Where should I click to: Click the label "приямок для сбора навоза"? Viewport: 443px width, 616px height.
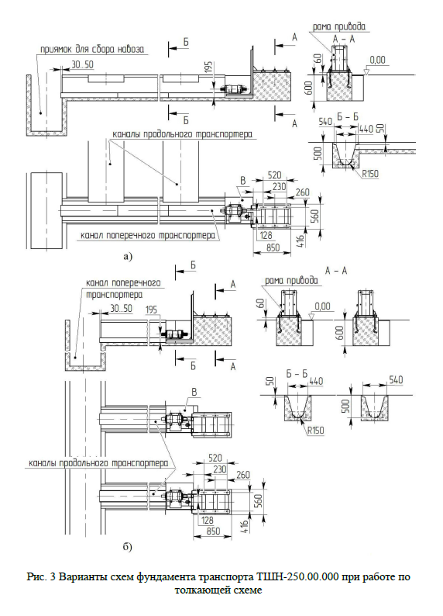point(92,50)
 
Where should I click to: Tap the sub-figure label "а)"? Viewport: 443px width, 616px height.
point(128,257)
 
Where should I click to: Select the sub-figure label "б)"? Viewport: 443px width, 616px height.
point(128,547)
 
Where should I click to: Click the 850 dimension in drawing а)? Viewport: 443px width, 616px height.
point(273,247)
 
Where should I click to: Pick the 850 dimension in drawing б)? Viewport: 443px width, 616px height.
point(212,531)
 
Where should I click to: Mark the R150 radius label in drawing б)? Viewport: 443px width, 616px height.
point(315,430)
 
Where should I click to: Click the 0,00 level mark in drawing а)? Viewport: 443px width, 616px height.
point(377,60)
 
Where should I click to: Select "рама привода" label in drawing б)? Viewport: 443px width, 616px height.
point(291,281)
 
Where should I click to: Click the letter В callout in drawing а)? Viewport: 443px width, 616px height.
point(242,181)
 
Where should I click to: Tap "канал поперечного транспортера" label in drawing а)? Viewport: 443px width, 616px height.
point(147,236)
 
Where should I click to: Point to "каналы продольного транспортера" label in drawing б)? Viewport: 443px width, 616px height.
point(98,463)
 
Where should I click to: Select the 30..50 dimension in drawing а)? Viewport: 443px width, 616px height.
point(82,64)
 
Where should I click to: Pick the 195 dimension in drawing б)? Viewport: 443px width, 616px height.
point(151,310)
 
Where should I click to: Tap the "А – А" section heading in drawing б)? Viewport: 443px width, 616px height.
point(336,271)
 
